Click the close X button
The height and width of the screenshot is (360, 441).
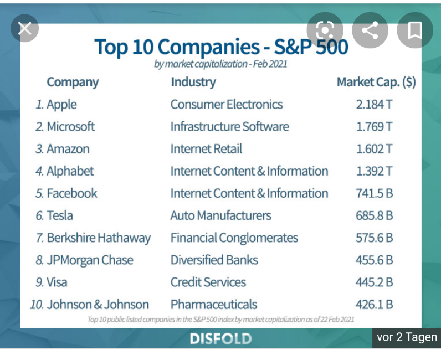click(x=25, y=28)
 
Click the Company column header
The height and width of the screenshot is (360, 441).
click(x=73, y=82)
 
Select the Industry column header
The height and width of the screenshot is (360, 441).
click(x=193, y=82)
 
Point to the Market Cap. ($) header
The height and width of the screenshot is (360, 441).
click(x=376, y=82)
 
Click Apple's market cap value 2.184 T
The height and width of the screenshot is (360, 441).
click(x=374, y=105)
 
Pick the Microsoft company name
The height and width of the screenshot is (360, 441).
click(x=70, y=127)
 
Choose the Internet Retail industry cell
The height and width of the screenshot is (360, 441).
click(x=206, y=149)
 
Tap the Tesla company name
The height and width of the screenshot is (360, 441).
click(x=60, y=215)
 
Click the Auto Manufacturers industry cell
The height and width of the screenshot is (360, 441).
click(x=221, y=215)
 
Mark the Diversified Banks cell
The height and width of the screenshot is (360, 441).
click(x=214, y=260)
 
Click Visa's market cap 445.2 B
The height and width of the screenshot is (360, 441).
click(x=374, y=282)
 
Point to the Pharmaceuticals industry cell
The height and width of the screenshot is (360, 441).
click(x=214, y=304)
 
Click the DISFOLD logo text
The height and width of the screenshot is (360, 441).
click(x=221, y=338)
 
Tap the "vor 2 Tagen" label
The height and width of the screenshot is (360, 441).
click(x=407, y=337)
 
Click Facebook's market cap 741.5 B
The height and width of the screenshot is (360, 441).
click(x=374, y=193)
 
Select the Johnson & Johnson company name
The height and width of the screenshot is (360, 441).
click(x=98, y=304)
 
